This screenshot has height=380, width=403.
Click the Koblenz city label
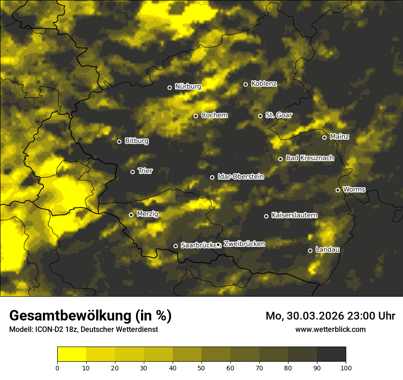click(x=264, y=84)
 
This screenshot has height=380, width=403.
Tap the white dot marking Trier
click(x=133, y=172)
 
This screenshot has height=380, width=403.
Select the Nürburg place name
click(x=188, y=86)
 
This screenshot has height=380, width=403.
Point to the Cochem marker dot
click(x=196, y=116)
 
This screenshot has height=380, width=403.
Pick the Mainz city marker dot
click(x=324, y=137)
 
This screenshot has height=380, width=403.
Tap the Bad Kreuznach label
click(x=310, y=158)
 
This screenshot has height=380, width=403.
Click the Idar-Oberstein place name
click(x=240, y=176)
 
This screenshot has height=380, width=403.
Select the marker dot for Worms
click(x=338, y=190)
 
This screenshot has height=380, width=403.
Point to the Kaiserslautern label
click(x=294, y=215)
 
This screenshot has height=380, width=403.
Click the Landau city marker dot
click(x=310, y=250)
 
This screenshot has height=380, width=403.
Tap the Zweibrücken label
click(x=244, y=244)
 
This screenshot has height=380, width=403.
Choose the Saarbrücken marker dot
click(x=175, y=246)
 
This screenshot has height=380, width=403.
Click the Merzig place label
click(x=147, y=214)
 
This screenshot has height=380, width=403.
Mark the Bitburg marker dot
click(x=119, y=141)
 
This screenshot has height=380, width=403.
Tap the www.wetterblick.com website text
click(x=330, y=329)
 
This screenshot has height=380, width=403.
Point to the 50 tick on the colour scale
click(x=201, y=367)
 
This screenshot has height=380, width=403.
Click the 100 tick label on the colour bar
click(x=346, y=367)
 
